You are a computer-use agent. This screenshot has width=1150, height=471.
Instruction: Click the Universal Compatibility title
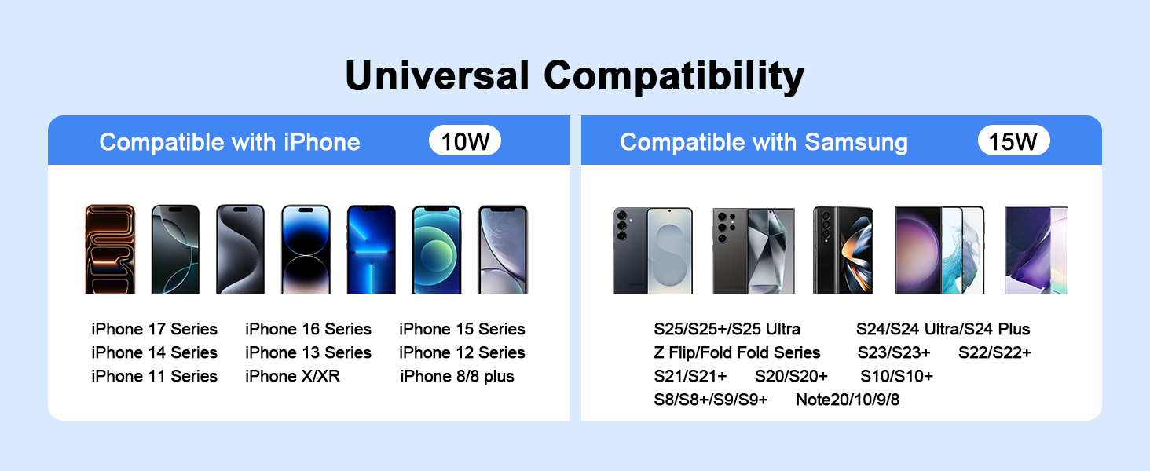point(574,76)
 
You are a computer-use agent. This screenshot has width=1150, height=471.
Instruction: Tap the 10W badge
point(465,141)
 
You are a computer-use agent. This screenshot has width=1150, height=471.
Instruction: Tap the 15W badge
point(1013,141)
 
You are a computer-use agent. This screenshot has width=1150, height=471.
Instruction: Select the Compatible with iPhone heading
point(229,142)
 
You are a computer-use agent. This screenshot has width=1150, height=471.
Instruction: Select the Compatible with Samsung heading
point(764,142)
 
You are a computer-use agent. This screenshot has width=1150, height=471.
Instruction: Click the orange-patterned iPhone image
point(110,249)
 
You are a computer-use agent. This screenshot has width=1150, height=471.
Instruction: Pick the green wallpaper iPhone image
point(437,249)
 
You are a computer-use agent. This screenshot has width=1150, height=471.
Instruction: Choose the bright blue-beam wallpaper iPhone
point(372,249)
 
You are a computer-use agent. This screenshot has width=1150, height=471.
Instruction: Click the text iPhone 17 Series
point(154,329)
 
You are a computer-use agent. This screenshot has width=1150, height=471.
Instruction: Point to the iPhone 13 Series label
point(308,352)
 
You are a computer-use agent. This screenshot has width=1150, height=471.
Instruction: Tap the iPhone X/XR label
point(292,376)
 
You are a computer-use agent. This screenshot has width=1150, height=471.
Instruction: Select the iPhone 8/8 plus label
point(457,376)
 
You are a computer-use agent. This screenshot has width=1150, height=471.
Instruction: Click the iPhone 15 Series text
point(462,329)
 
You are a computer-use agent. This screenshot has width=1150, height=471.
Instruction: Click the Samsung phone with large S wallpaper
point(653,250)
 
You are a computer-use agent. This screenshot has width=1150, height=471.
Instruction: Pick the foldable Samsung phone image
point(843,250)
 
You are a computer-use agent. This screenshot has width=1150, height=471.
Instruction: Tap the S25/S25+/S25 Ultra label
point(727,329)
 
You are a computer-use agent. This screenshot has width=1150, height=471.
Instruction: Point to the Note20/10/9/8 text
point(848,400)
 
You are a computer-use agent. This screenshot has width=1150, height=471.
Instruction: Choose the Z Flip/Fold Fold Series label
point(737,352)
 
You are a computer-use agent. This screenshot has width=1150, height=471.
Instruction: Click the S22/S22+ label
point(994,352)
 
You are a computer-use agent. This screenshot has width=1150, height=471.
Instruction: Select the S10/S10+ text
point(896,376)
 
